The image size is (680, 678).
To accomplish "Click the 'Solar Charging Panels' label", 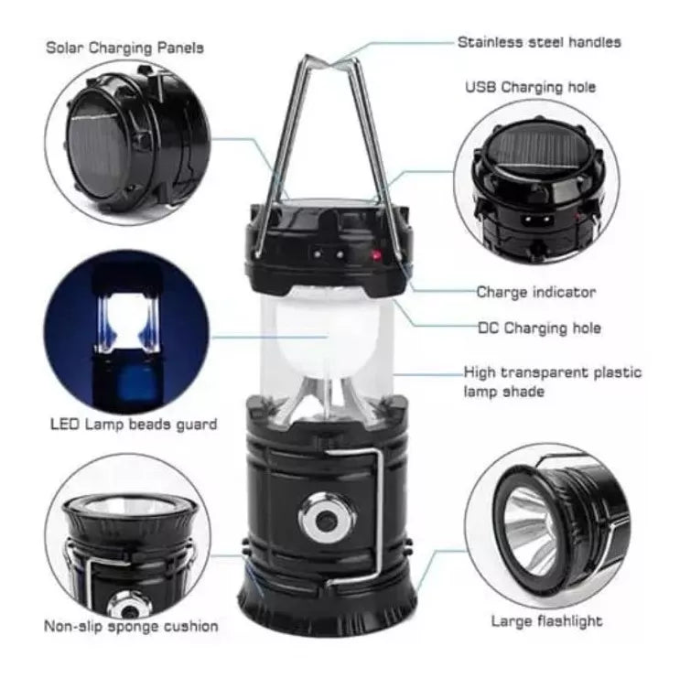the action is [124, 48].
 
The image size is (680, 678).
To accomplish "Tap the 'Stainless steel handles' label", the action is [539, 42].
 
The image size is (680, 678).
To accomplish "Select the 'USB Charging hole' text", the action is [531, 87].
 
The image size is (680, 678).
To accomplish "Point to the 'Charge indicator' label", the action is [536, 292].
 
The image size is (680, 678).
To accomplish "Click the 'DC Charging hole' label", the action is [539, 328].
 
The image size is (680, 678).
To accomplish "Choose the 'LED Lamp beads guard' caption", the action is [134, 424].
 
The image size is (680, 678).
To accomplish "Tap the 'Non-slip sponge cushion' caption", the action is [131, 626].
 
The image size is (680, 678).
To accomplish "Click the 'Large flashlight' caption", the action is [547, 620].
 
